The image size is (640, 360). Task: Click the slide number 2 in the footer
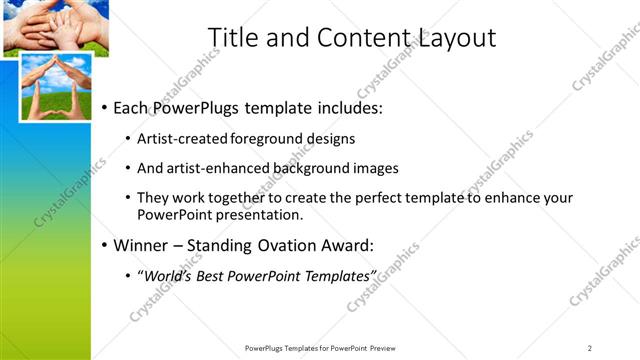(590, 348)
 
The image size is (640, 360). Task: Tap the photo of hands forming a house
(55, 87)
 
